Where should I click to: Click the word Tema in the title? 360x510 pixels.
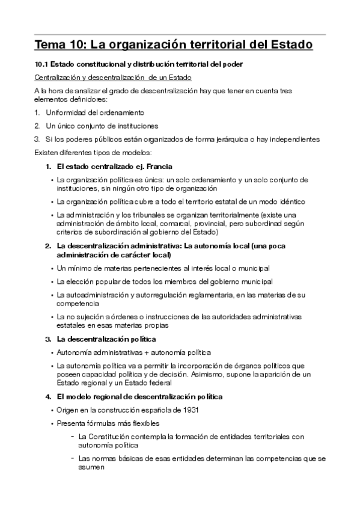point(50,45)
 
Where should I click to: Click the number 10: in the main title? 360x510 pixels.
point(81,45)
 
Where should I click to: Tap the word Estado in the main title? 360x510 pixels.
point(291,45)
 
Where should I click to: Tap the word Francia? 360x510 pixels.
point(160,166)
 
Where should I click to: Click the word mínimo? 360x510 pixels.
point(75,268)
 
